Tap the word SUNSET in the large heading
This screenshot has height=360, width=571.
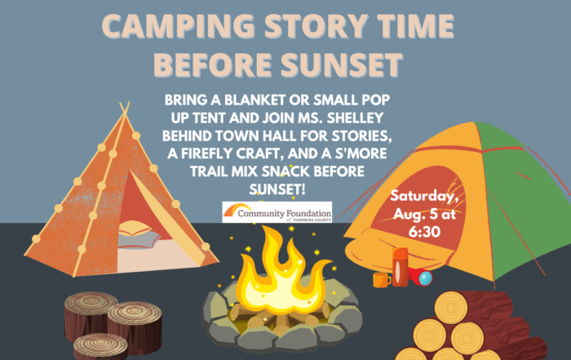coord(342,64)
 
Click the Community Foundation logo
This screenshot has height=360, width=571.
coord(277,212)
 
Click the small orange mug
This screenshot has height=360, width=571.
coord(381,280)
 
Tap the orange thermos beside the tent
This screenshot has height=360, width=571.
coord(400,267)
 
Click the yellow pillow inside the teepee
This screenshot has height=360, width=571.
coord(135,229)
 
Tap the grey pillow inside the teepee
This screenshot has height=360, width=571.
coord(139,241)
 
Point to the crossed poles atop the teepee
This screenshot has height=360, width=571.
coord(125,109)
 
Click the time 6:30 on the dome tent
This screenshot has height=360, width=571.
coord(424,232)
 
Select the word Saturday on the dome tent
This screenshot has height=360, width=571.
coord(424,196)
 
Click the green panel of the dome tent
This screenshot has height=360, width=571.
coord(524,204)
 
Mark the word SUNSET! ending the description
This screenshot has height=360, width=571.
coord(277,189)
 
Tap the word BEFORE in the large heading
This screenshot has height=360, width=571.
coord(213,64)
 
